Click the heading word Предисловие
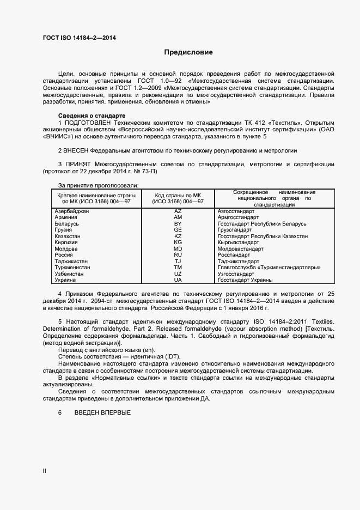pos(188,52)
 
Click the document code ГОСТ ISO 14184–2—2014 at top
pos(79,38)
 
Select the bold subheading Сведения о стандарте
pos(91,116)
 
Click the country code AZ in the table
pos(178,210)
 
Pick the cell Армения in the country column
pos(66,217)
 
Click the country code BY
pos(178,224)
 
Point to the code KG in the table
pos(178,242)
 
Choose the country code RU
pos(178,255)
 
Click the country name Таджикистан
pos(71,262)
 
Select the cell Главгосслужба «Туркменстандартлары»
pos(269,268)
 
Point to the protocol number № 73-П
pos(145,172)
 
